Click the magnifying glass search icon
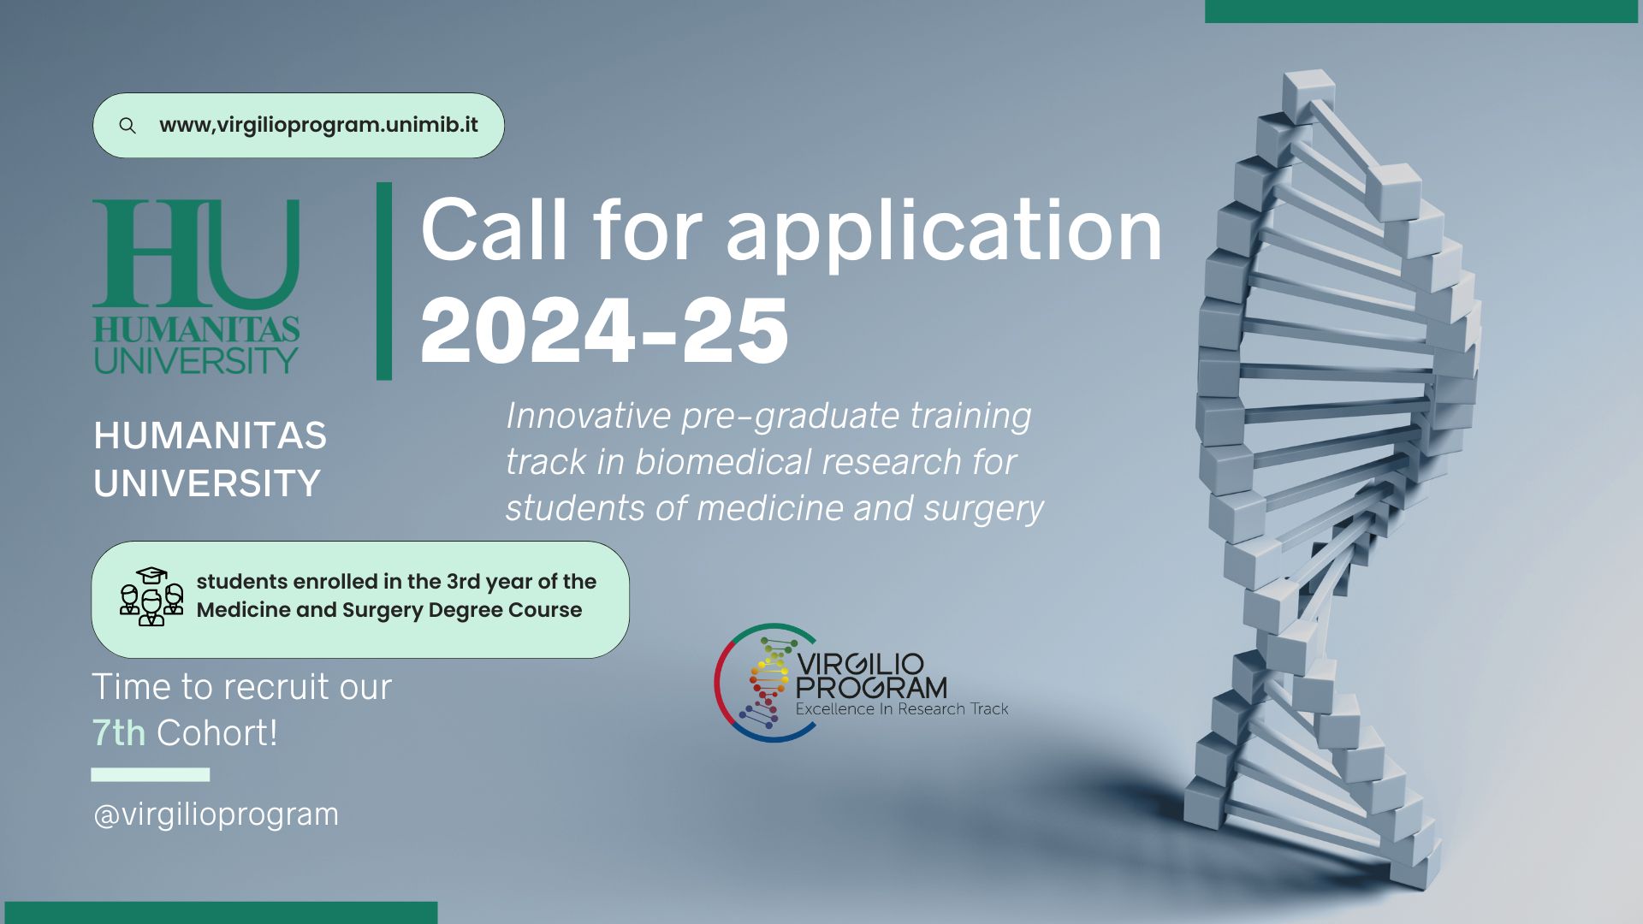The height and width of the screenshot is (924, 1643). click(128, 126)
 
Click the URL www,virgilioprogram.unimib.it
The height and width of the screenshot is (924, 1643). click(318, 125)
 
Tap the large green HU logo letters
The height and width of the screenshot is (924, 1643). click(196, 254)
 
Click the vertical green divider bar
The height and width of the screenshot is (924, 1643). click(384, 281)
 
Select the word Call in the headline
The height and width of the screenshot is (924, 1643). click(494, 229)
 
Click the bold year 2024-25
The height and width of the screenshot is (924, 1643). click(604, 330)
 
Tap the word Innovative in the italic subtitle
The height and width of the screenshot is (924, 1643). click(589, 416)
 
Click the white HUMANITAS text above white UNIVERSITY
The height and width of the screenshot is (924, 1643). click(211, 435)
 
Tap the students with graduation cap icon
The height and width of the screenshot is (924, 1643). click(151, 596)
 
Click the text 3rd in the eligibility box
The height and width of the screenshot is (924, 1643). click(463, 582)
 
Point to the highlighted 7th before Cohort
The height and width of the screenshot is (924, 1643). click(119, 733)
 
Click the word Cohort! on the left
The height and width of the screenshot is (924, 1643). click(217, 733)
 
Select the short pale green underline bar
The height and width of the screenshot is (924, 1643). click(151, 774)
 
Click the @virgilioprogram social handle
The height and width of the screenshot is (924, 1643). click(216, 814)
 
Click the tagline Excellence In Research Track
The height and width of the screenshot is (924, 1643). click(902, 709)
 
